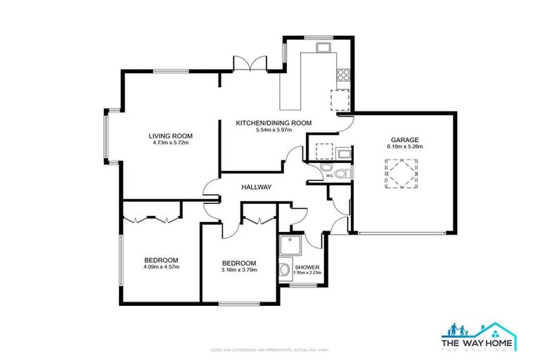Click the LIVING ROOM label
coord(170,136)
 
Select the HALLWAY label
coord(256,187)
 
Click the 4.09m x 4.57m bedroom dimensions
coord(162,266)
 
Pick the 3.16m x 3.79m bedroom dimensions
coord(240,270)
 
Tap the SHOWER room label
coord(307,268)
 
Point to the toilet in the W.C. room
coord(341,174)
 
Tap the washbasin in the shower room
coord(284,271)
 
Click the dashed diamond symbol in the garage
coord(398,173)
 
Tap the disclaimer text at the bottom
coord(270,349)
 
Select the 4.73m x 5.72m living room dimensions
coord(170,143)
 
